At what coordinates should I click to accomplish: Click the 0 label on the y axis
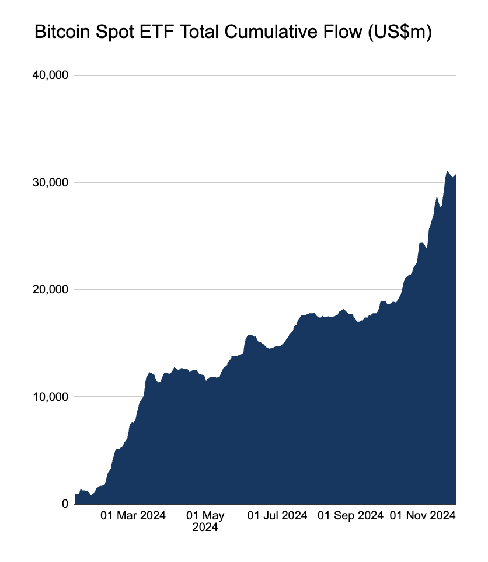pos(64,504)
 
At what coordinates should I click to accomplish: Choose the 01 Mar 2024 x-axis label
pos(133,516)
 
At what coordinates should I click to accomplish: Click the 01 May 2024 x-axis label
pos(205,521)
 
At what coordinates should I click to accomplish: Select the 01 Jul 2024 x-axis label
pos(277,516)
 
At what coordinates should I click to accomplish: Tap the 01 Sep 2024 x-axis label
pos(350,516)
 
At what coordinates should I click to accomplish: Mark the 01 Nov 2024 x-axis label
pos(422,516)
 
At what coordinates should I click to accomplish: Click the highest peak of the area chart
pos(447,171)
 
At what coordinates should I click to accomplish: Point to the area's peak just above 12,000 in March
pos(150,372)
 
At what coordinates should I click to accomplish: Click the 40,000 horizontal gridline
pos(263,75)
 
